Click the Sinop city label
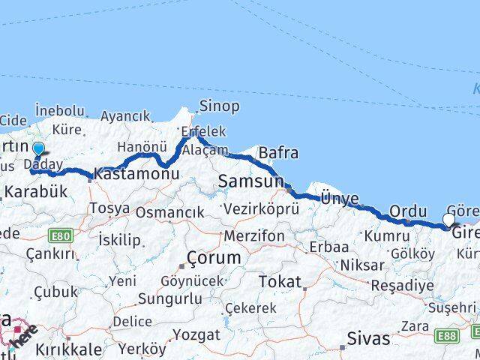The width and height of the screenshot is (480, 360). (x=219, y=106)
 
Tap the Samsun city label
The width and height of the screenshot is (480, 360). (x=250, y=181)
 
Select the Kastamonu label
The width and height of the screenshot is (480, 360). (x=137, y=174)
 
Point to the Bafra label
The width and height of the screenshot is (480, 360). (x=278, y=153)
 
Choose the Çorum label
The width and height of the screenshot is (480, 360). (x=214, y=258)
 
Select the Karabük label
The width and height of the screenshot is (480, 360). (x=36, y=191)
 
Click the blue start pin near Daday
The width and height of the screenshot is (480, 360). (x=38, y=150)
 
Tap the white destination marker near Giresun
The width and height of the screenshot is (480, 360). (x=448, y=220)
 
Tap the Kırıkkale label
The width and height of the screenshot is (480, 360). (x=64, y=349)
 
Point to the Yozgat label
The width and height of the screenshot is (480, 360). (x=196, y=334)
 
